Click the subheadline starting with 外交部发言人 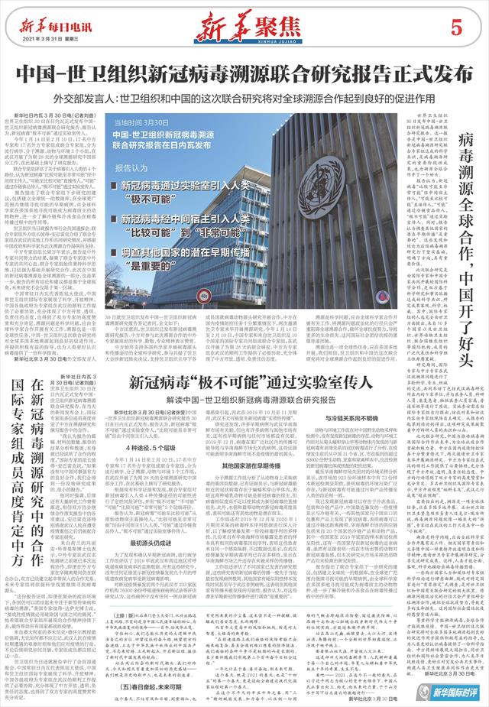click(x=244, y=98)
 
